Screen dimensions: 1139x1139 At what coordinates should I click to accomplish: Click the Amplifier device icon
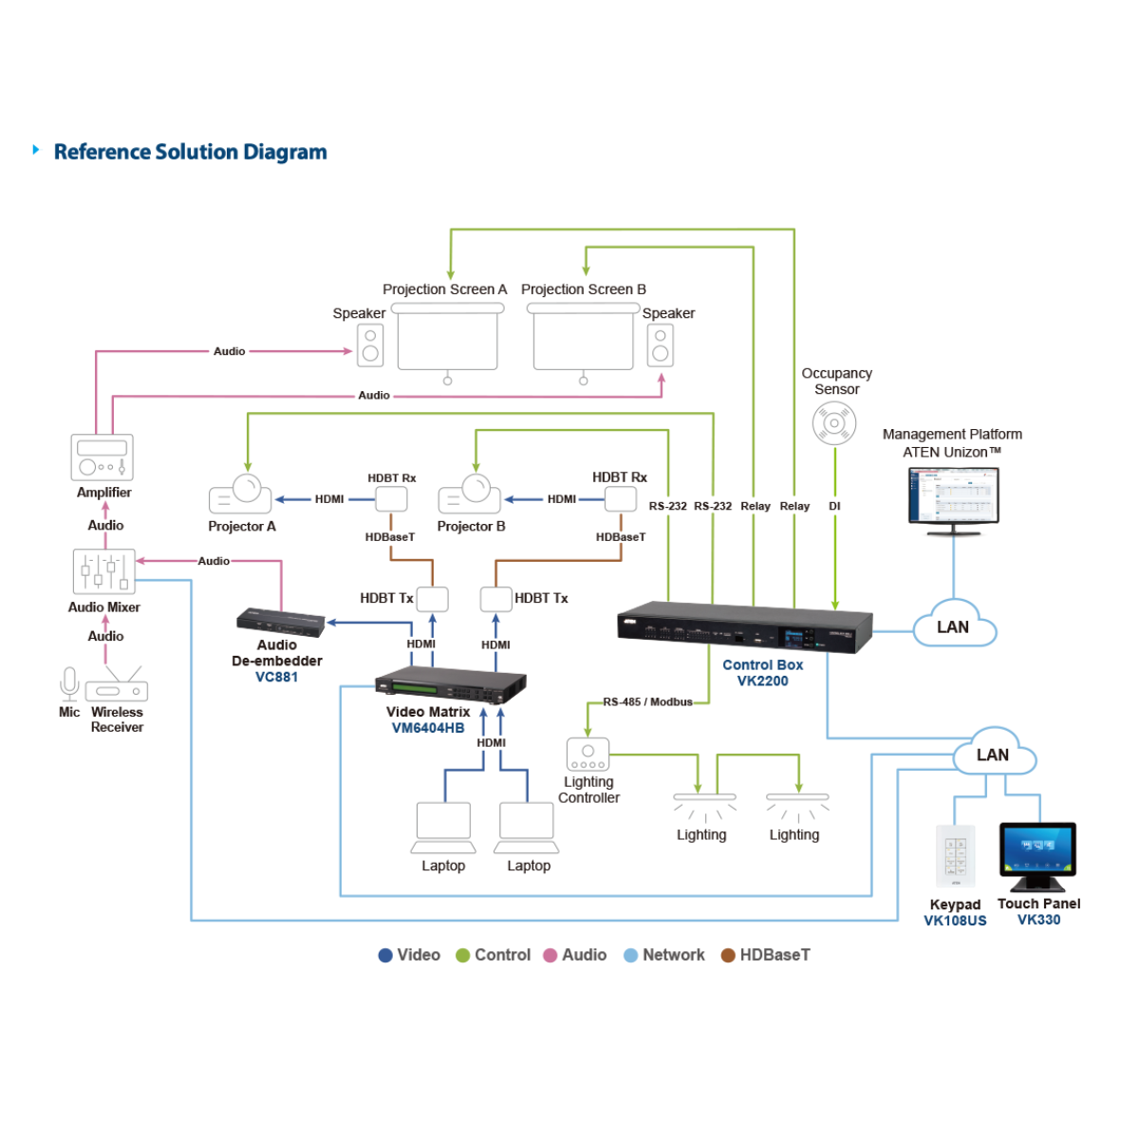[102, 457]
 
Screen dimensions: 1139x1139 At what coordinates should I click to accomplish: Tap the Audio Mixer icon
[104, 571]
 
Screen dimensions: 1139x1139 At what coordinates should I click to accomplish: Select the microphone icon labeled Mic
[69, 683]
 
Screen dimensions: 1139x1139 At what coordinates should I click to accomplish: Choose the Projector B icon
[469, 495]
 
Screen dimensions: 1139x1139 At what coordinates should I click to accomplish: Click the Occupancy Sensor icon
[834, 423]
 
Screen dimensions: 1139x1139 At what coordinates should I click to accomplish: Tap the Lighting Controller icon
[588, 755]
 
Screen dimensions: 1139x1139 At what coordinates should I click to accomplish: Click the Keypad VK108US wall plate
[955, 856]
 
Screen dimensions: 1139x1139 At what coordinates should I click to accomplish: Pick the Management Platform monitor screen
[953, 496]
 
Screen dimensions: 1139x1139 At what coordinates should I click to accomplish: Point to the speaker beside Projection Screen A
[370, 345]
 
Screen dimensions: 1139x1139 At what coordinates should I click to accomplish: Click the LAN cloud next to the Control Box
[954, 626]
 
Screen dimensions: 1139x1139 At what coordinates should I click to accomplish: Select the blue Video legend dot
[385, 956]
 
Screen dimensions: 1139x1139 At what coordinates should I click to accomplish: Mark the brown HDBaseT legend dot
[728, 956]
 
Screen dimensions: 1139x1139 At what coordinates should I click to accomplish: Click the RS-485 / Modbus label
[647, 702]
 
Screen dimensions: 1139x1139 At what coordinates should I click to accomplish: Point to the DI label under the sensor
[834, 507]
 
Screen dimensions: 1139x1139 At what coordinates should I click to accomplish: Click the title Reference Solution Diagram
[190, 152]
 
